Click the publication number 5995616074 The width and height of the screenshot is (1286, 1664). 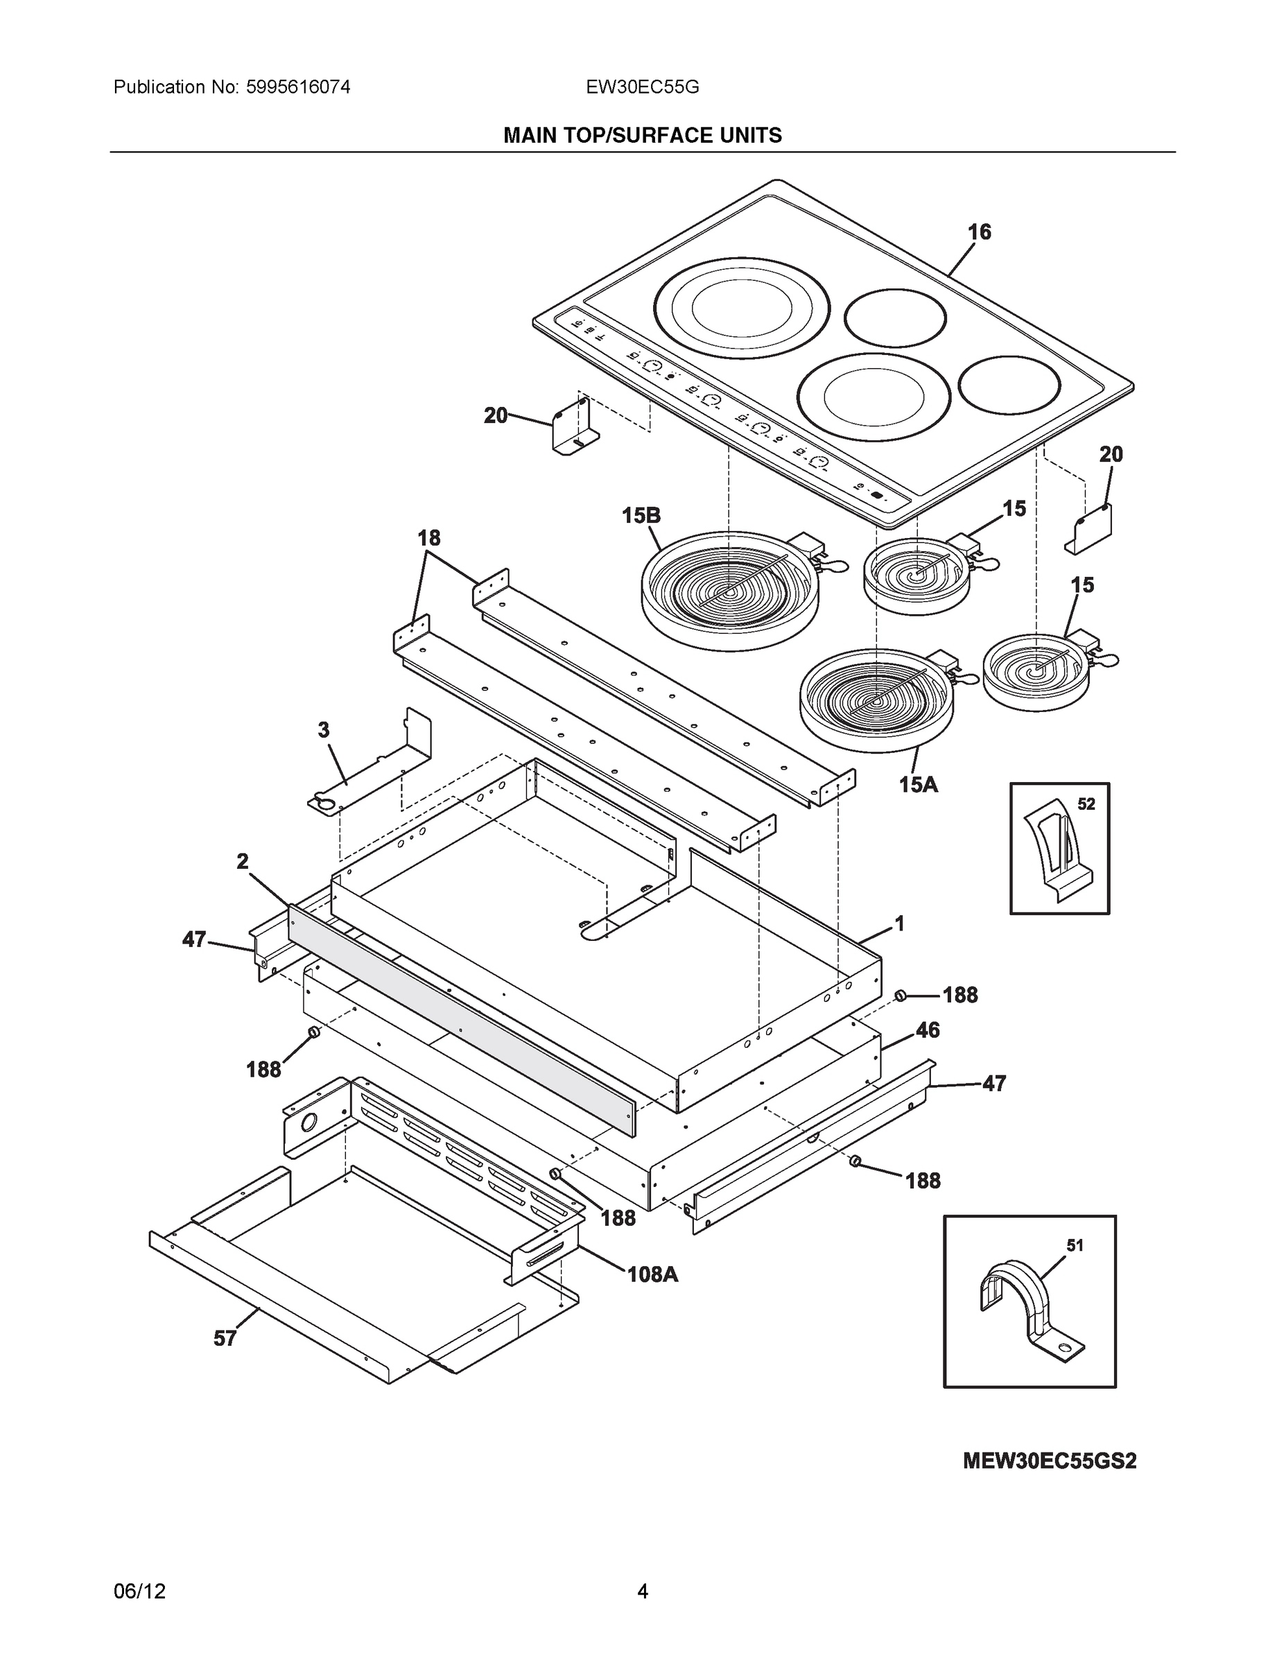point(298,87)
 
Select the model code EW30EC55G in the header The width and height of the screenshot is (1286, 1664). point(642,87)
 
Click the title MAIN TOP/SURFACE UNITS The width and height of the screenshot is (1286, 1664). point(642,136)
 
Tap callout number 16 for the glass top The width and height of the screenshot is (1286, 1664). point(979,232)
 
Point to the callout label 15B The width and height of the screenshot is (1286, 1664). point(641,516)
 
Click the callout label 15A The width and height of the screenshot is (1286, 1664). point(918,784)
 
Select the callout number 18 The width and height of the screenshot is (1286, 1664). point(429,539)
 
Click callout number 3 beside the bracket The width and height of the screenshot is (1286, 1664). point(324,730)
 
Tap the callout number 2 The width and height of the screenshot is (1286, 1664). point(242,862)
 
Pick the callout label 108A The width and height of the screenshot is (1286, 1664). point(652,1274)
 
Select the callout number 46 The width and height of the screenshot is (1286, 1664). point(927,1030)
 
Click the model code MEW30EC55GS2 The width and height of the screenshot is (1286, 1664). point(1049,1462)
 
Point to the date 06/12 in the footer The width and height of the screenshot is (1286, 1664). point(139,1591)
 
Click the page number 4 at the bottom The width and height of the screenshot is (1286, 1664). point(642,1591)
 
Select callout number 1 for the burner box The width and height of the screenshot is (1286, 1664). point(899,924)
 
